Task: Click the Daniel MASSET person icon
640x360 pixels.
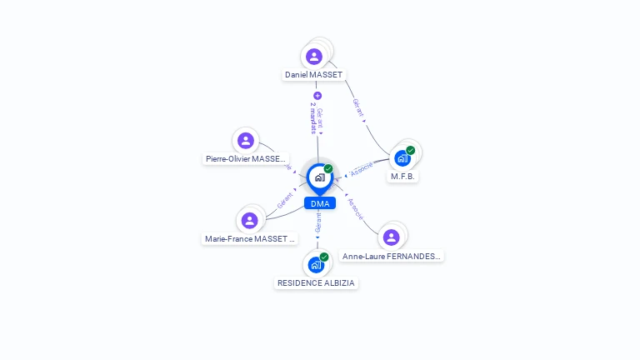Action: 314,57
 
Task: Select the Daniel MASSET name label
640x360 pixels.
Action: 313,75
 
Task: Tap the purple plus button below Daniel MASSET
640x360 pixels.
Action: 317,96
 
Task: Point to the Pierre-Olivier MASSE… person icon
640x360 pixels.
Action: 245,141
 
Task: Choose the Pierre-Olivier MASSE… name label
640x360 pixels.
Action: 246,158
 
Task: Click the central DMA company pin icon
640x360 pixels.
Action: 319,177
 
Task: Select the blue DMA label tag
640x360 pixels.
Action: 319,203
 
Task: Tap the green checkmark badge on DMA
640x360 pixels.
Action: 328,169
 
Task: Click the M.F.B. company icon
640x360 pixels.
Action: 402,158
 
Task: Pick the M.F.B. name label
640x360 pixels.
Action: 403,177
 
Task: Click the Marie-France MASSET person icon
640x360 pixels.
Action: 249,221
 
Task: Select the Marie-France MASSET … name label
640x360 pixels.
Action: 250,239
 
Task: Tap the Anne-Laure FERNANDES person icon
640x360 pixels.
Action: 392,237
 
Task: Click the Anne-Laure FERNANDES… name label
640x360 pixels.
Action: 392,257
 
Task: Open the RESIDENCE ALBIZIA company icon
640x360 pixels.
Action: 316,265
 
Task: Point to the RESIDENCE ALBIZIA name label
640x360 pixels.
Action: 317,283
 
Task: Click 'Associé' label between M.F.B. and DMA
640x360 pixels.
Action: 361,169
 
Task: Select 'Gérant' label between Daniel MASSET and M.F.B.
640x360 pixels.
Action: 357,108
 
